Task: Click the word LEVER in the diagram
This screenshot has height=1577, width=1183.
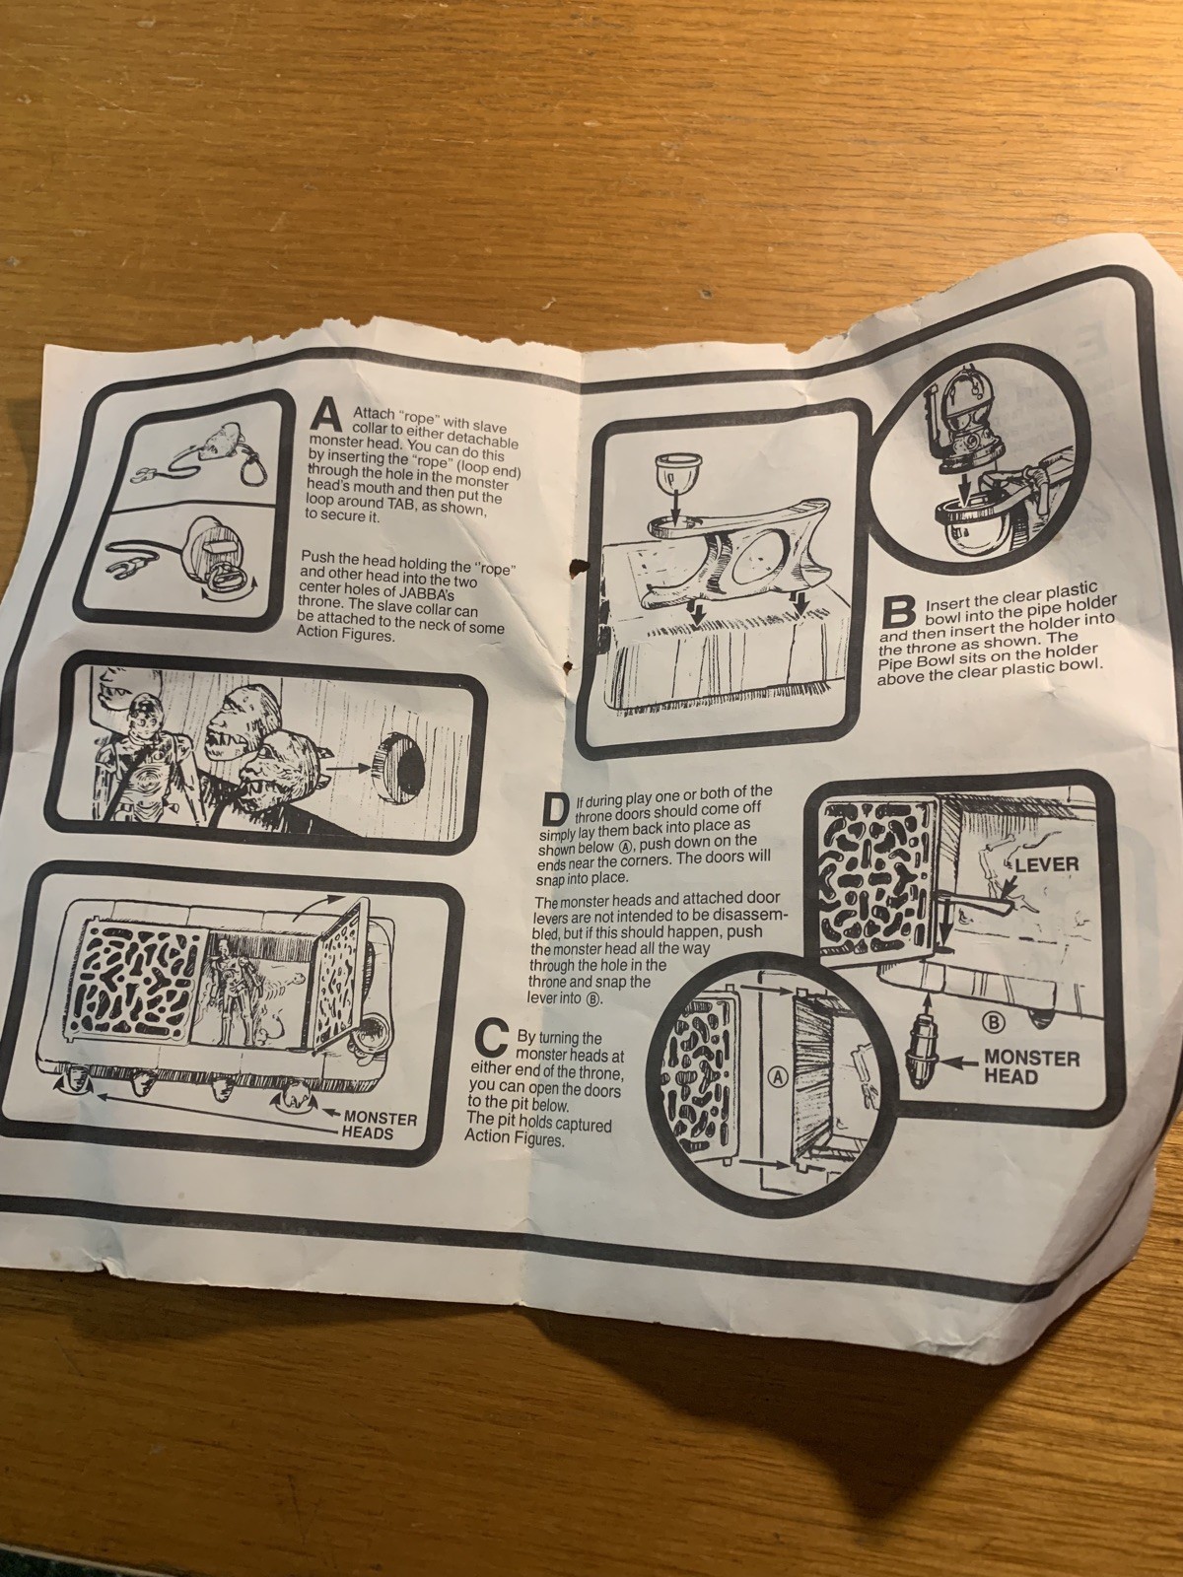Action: coord(1047,864)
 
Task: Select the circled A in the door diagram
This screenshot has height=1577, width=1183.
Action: coord(777,1074)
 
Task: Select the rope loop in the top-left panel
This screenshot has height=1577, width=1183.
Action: coord(253,469)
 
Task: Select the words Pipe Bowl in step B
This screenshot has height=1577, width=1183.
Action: coord(905,662)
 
